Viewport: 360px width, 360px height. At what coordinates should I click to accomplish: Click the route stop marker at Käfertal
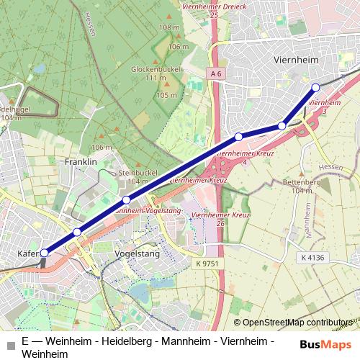pyautogui.click(x=45, y=253)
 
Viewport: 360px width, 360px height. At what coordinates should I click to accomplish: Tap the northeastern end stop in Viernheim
pyautogui.click(x=315, y=88)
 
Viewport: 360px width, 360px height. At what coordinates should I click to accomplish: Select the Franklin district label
pyautogui.click(x=81, y=162)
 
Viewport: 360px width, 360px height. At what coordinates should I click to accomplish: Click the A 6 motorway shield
pyautogui.click(x=215, y=73)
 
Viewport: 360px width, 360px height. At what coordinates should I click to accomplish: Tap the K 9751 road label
pyautogui.click(x=207, y=266)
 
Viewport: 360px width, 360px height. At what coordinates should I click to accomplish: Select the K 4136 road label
pyautogui.click(x=314, y=257)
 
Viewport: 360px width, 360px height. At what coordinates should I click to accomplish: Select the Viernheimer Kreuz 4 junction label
pyautogui.click(x=241, y=156)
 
